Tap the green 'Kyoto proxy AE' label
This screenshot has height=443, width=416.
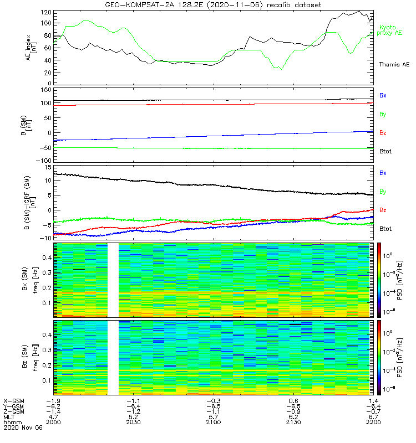click(x=390, y=30)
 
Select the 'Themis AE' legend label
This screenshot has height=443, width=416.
click(x=394, y=65)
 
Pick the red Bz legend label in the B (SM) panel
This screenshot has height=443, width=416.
click(x=383, y=133)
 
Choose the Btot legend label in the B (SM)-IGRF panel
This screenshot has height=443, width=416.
click(x=385, y=229)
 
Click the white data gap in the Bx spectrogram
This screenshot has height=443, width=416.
click(x=114, y=280)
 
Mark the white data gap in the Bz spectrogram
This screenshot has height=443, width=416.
click(x=114, y=357)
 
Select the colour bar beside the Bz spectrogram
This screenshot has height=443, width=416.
click(x=380, y=357)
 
